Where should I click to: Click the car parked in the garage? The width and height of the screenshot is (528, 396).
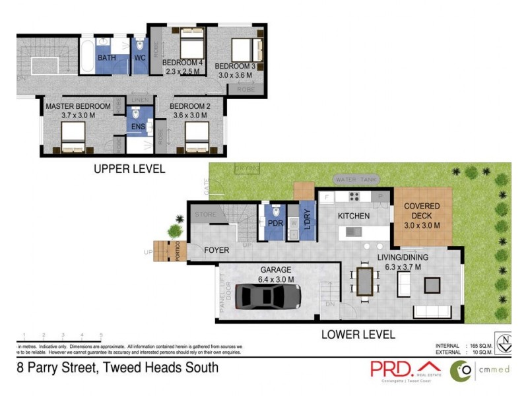pyautogui.click(x=268, y=296)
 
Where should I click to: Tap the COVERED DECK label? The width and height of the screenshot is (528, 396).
pyautogui.click(x=422, y=210)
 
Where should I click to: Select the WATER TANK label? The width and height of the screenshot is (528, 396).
pyautogui.click(x=356, y=180)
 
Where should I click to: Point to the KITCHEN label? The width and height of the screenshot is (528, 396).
pyautogui.click(x=354, y=216)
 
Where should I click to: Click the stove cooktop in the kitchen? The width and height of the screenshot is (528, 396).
pyautogui.click(x=354, y=196)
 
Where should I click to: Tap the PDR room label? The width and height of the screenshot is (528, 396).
pyautogui.click(x=275, y=224)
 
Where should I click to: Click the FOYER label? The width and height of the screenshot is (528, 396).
pyautogui.click(x=216, y=250)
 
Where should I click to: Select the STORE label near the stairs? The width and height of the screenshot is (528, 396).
pyautogui.click(x=205, y=214)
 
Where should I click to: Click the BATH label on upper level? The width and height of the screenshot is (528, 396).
pyautogui.click(x=107, y=58)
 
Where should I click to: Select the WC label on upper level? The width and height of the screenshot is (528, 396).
pyautogui.click(x=140, y=58)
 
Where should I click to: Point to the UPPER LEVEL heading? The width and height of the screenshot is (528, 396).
pyautogui.click(x=129, y=169)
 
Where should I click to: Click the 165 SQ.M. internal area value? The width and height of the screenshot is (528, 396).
pyautogui.click(x=480, y=346)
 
